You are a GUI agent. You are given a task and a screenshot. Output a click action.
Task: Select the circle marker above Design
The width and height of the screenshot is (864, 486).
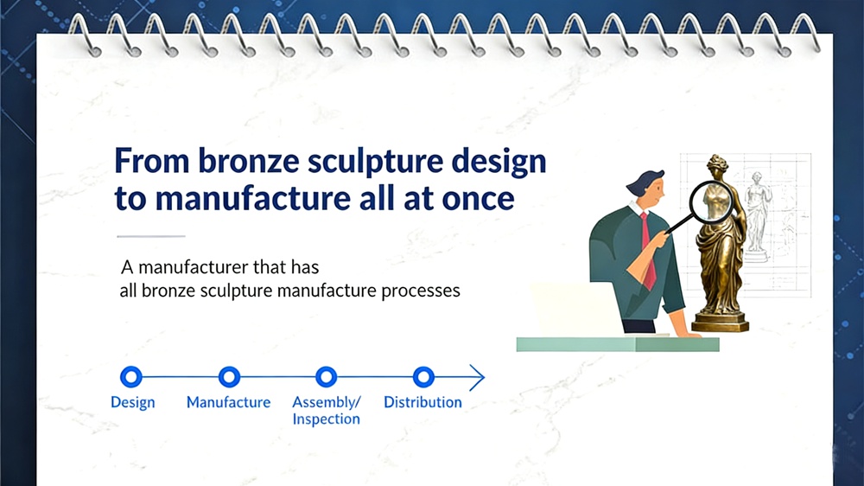pos(131,377)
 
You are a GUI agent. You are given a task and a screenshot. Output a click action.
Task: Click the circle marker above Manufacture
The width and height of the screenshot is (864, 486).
pos(229,377)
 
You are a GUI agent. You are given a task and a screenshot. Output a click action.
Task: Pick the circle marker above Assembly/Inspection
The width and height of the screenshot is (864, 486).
pos(326,377)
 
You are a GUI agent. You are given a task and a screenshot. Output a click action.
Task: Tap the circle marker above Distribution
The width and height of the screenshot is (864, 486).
pos(422,377)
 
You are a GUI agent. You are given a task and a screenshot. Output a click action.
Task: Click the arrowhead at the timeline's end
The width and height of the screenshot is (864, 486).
pos(476,377)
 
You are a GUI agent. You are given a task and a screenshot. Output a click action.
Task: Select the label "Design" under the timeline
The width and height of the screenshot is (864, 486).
pos(133,403)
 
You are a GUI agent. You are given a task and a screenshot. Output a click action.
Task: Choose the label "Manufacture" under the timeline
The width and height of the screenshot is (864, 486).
pos(228,403)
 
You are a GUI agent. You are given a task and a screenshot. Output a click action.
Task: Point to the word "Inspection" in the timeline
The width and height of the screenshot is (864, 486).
pos(326,419)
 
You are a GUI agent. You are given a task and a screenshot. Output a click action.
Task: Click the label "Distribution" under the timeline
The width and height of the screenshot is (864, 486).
pos(422,403)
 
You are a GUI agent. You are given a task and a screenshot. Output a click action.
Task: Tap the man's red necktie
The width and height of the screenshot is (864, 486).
pos(647,251)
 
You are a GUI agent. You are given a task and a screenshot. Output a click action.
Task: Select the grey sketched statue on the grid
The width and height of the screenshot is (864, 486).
pos(758,212)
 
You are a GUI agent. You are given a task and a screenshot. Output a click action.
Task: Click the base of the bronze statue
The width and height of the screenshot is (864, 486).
pos(720,323)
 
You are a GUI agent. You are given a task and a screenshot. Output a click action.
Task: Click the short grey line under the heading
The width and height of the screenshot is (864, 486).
pos(150,236)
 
